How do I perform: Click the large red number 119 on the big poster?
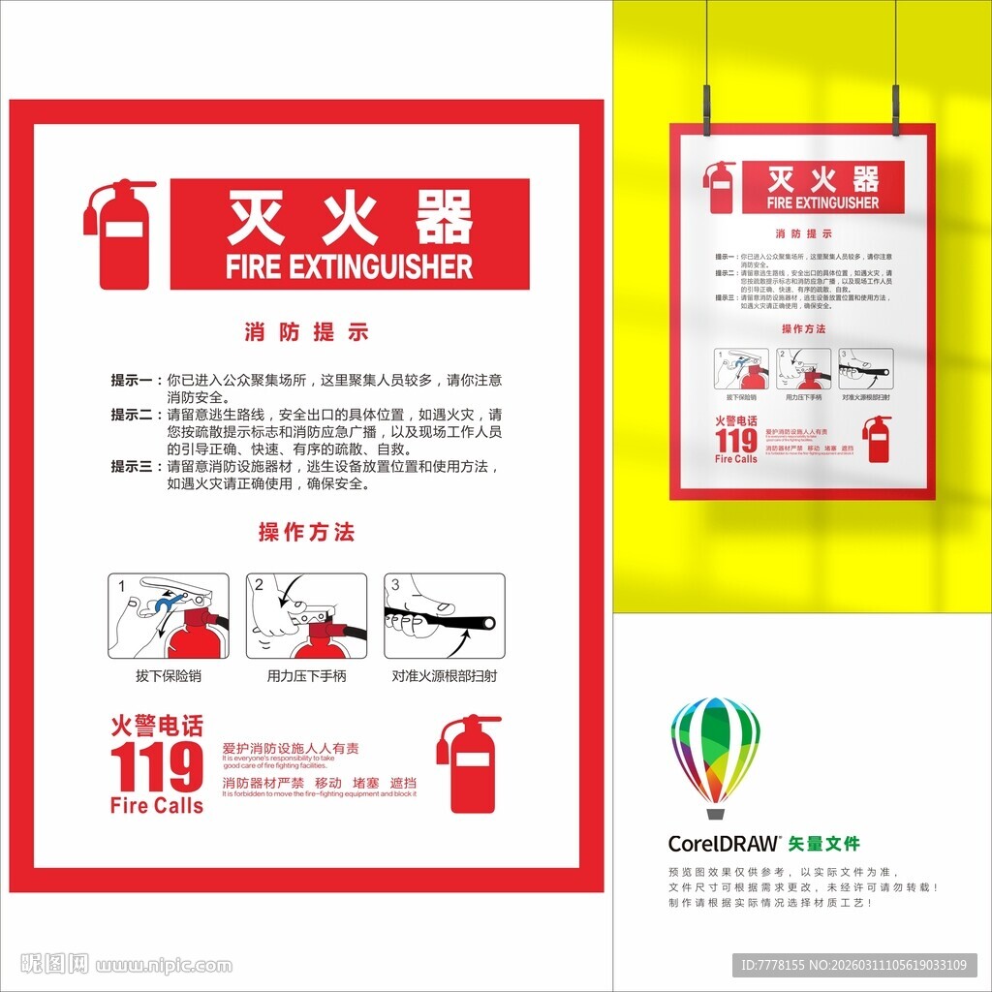[x=156, y=767]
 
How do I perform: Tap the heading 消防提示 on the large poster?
[x=306, y=332]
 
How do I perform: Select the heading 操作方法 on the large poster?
[x=306, y=532]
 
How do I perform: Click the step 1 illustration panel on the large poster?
[x=169, y=616]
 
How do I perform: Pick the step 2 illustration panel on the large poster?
[x=306, y=616]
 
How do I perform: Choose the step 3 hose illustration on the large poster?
[x=445, y=616]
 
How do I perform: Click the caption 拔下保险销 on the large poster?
[x=169, y=676]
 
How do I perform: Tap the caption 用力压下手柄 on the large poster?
[x=306, y=676]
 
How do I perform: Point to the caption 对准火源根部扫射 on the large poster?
[x=445, y=676]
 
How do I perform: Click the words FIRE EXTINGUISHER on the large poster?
[x=349, y=266]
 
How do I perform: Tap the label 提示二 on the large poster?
[x=132, y=415]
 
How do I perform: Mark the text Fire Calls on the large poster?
[x=157, y=805]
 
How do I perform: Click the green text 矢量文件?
[x=824, y=844]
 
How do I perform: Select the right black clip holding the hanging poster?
[x=895, y=108]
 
